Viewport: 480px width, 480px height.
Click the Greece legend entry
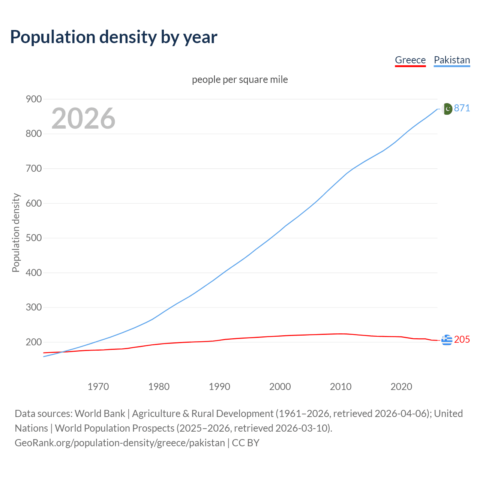coord(410,60)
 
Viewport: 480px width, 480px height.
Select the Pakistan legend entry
coord(451,60)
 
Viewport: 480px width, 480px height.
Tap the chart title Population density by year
coord(114,37)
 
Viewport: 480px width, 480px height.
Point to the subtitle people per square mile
coord(240,79)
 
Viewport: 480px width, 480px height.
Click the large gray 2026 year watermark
coord(83,118)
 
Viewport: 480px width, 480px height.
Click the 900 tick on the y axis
coord(33,99)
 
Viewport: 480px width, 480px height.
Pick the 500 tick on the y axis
coord(33,238)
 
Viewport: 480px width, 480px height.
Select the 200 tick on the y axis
coord(33,342)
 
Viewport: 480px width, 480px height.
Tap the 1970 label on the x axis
coord(98,387)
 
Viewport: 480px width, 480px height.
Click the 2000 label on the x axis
coord(280,387)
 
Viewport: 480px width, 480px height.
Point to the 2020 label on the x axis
coord(401,387)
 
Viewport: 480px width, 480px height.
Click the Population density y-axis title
coord(16,232)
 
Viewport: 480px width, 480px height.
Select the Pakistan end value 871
coord(462,108)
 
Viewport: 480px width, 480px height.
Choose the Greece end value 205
coord(462,340)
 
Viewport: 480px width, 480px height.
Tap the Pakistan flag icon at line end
coord(447,109)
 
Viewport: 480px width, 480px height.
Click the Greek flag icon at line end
coord(447,340)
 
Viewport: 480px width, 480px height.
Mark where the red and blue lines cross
coord(62,352)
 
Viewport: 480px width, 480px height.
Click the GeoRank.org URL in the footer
coord(120,443)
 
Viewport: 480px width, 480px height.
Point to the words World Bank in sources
coord(100,414)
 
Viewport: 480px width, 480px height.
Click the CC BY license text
coord(246,443)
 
